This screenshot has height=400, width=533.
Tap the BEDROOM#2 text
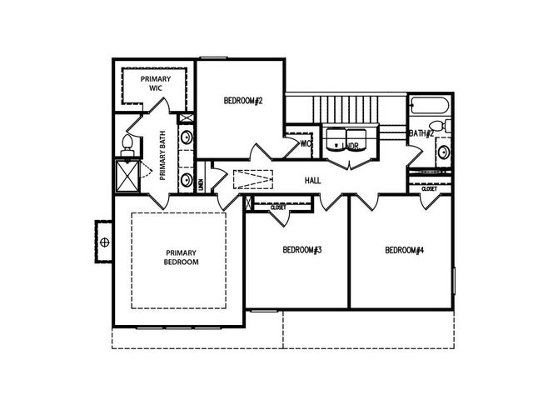(x=243, y=101)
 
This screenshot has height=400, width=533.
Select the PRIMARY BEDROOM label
(x=182, y=257)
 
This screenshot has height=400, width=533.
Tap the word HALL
(x=313, y=180)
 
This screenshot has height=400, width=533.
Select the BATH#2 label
(x=421, y=133)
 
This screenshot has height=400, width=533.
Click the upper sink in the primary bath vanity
(x=189, y=137)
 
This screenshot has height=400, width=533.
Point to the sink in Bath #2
(x=446, y=152)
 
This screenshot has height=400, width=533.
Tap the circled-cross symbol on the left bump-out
(x=105, y=242)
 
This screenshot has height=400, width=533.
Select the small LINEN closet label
(x=202, y=184)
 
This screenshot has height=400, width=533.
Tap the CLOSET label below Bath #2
(x=429, y=189)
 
